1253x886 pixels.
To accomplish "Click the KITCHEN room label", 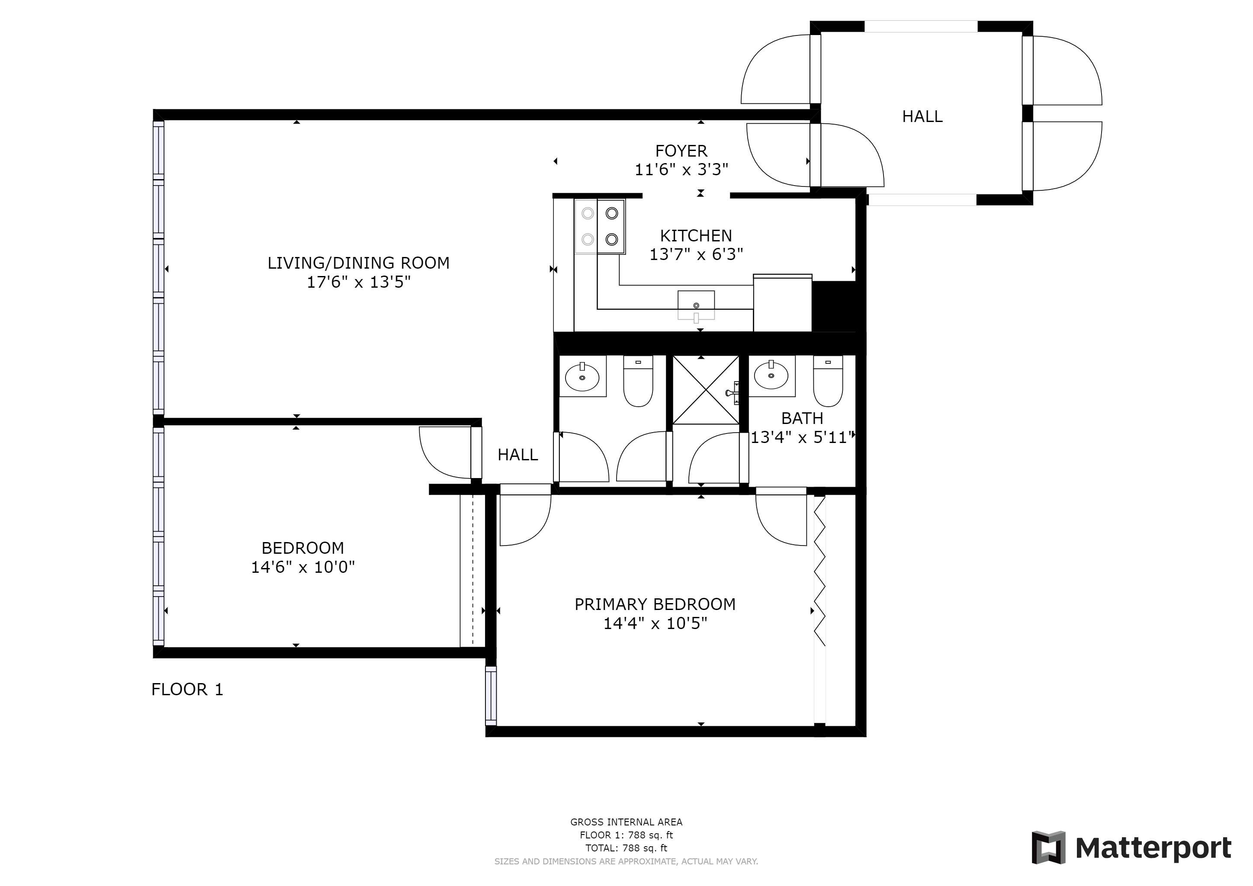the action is [696, 236].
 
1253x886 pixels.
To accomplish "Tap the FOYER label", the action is [681, 151].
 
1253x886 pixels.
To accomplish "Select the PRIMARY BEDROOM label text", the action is [655, 604].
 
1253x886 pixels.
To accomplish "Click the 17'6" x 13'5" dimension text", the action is [359, 282].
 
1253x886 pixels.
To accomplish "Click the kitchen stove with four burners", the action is [600, 226].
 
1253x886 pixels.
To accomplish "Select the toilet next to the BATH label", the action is [828, 381].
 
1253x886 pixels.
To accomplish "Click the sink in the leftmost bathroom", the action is [582, 376].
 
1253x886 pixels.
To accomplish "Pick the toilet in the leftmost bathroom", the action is [638, 381].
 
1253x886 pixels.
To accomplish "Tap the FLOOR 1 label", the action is [187, 690].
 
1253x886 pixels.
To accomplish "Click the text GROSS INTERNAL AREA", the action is [626, 822].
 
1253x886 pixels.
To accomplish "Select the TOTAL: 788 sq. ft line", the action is [626, 848].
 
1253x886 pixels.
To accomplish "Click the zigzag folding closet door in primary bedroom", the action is [820, 571].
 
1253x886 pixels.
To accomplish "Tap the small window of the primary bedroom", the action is [491, 696].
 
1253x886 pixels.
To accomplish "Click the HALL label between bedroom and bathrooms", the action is [518, 454].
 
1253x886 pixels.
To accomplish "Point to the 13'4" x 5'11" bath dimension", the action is [802, 437].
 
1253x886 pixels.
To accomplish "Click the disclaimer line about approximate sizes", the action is [626, 861].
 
